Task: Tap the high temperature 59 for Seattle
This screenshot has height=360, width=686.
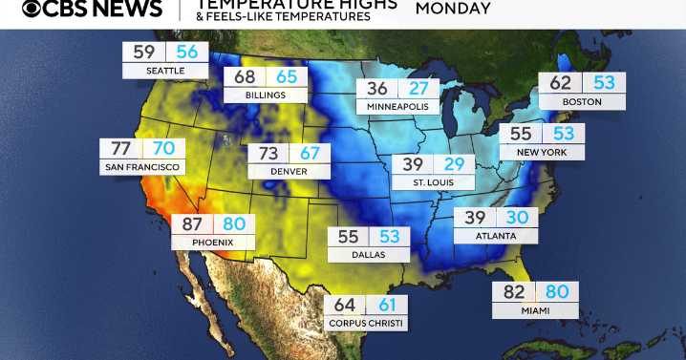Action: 144,53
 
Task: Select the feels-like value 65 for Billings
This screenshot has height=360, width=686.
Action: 287,76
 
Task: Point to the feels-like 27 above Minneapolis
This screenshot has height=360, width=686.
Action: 418,89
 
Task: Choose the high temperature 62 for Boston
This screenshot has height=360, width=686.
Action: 561,83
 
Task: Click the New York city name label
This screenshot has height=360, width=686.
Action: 542,152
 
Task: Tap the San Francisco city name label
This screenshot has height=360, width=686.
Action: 142,167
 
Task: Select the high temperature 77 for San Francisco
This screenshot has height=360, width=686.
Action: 120,149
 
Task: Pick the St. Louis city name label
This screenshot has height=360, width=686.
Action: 433,181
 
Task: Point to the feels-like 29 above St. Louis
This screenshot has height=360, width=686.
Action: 454,163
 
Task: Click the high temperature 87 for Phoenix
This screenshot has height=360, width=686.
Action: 191,224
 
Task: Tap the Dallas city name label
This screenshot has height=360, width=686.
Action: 369,255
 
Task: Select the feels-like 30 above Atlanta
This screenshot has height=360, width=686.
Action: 517,218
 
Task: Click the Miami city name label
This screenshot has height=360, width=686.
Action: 535,310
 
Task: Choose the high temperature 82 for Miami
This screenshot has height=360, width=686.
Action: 513,292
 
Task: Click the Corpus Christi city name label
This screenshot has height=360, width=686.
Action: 366,324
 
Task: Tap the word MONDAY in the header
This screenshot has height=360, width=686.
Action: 453,10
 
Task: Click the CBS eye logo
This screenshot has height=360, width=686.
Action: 32,10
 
